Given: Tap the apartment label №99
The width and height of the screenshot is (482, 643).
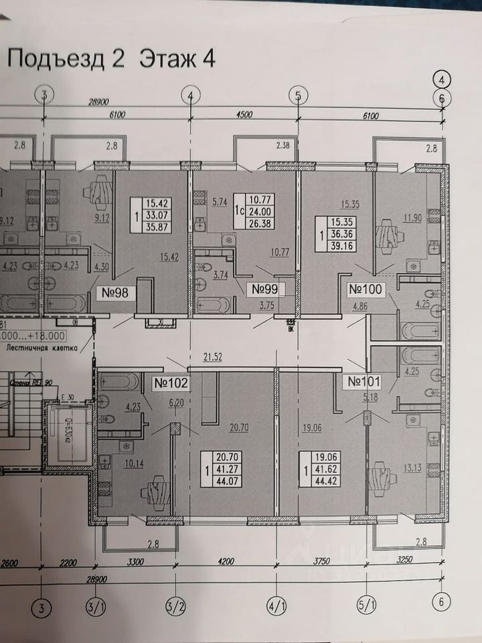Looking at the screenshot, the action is pos(263,289).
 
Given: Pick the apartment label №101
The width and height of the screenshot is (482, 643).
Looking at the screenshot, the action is pos(364,382).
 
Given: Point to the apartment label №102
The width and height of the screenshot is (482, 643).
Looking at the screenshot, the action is pos(172,383).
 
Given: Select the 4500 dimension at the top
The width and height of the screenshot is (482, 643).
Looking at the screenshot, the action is pos(244,115).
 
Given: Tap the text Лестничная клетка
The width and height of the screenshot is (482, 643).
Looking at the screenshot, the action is pos(42,348).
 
